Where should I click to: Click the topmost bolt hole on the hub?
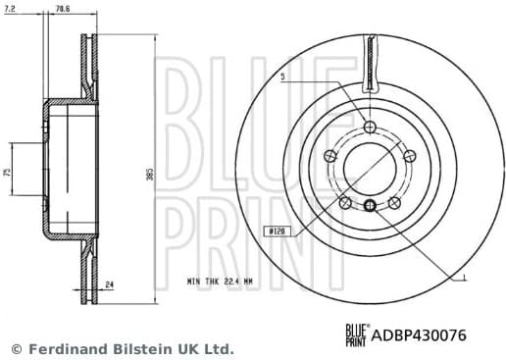[x=369, y=127]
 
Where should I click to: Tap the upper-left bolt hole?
[x=331, y=155]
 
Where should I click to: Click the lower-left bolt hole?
[x=345, y=201]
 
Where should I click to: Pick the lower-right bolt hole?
[x=393, y=201]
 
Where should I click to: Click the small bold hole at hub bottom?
[x=369, y=205]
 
